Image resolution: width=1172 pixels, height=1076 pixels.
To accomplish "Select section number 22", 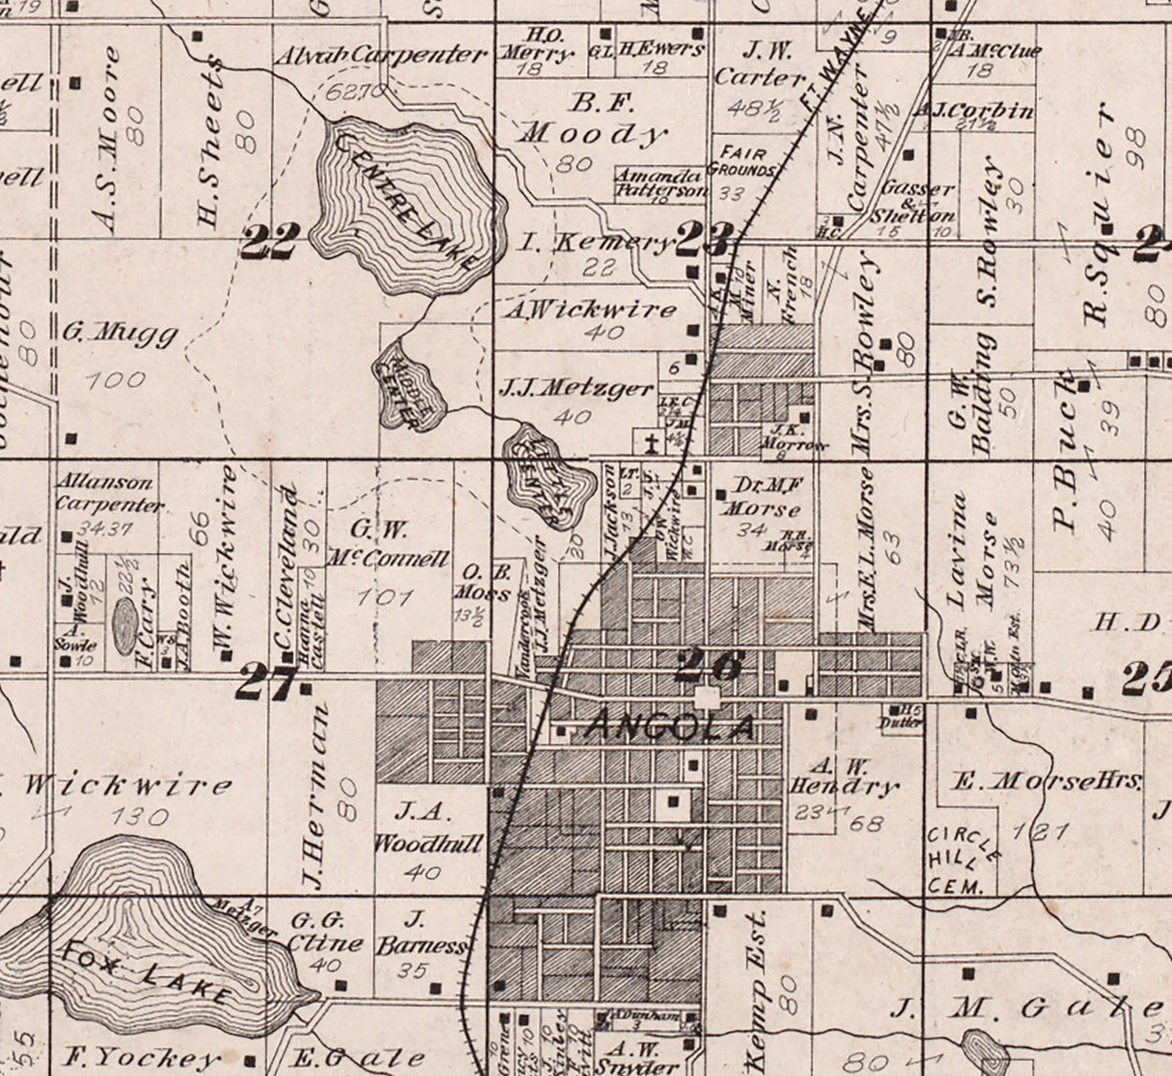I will tap(270, 241).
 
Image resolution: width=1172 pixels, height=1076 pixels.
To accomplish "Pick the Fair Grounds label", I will tap(741, 161).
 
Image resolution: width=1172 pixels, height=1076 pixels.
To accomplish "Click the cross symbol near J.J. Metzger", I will tap(653, 445).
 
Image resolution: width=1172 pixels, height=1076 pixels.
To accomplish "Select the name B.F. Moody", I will tap(591, 117).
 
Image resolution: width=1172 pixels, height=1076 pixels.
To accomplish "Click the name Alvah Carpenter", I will tap(379, 55).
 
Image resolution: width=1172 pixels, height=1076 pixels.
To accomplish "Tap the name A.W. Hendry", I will tap(843, 775).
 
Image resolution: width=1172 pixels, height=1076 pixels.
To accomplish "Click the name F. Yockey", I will tap(142, 1058).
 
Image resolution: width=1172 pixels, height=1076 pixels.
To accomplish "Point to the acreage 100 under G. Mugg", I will tap(115, 380).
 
